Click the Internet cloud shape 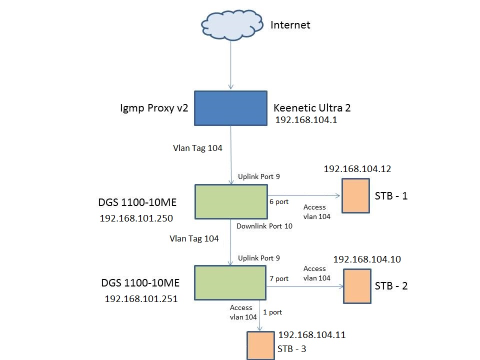(x=231, y=25)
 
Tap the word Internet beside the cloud (x=290, y=25)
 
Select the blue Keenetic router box (x=230, y=108)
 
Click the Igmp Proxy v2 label (x=154, y=107)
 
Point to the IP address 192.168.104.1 (x=306, y=120)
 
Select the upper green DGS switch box (x=230, y=201)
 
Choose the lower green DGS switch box (x=230, y=283)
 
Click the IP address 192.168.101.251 (x=141, y=298)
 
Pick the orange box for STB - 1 (x=356, y=196)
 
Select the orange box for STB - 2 (x=357, y=286)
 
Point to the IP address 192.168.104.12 (x=357, y=169)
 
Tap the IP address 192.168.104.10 (x=367, y=259)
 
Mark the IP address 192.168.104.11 (x=312, y=335)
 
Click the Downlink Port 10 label (x=264, y=226)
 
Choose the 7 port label (x=279, y=278)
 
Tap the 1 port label (x=272, y=312)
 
